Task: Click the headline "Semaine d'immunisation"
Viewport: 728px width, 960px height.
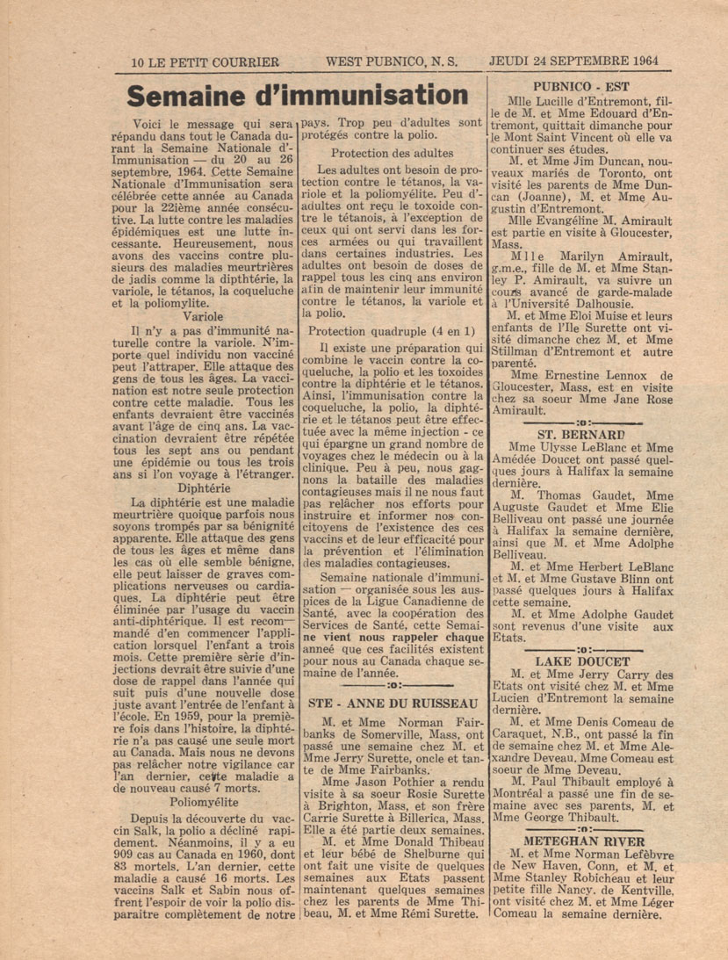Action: point(295,96)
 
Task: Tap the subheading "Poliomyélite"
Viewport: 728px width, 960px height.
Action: point(204,800)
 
